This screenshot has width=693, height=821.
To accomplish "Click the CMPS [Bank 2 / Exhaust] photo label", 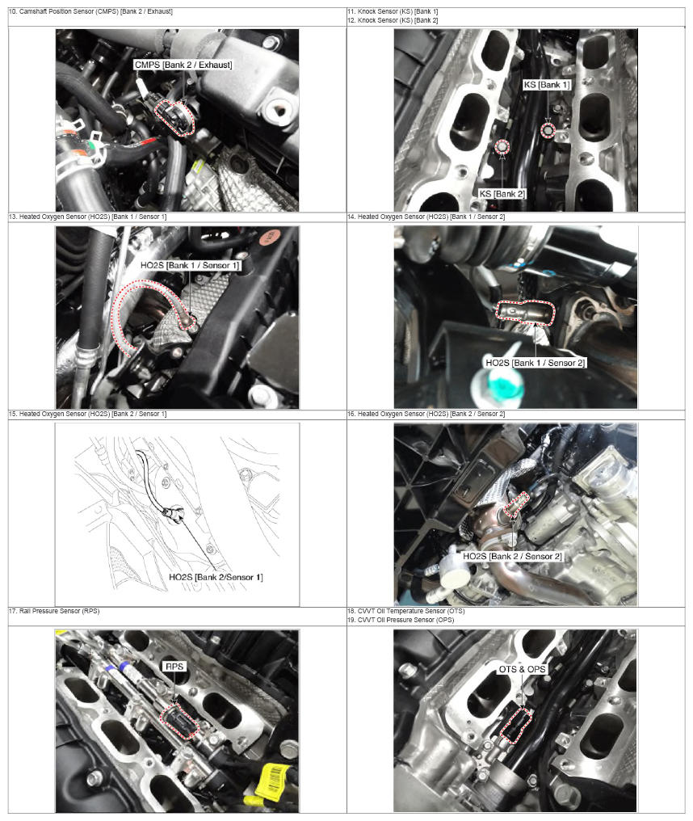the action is point(183,65).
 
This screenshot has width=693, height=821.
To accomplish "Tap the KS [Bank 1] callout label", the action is point(547,85).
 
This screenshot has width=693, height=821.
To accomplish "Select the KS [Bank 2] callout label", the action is point(502,194).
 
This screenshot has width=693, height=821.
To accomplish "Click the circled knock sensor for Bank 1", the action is point(548,130).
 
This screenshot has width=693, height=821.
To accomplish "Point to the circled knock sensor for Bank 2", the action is point(502,148).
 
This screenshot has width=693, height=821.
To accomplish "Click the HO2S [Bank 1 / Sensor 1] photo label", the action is point(190,266).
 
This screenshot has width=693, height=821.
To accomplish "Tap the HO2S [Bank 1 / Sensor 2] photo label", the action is point(535,362).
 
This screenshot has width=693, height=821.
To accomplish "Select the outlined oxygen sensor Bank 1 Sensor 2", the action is point(525,313).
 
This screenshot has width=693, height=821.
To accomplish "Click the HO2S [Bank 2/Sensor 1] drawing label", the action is point(216,577).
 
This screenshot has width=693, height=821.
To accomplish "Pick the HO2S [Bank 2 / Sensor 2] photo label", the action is point(512,556).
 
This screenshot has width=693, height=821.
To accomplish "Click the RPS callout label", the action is point(174,667).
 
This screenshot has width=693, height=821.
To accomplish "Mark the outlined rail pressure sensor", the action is point(179,721).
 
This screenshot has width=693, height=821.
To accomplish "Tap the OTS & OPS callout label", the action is point(522,669).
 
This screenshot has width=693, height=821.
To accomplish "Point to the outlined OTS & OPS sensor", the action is point(516,725).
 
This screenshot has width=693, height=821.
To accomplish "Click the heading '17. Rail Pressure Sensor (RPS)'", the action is point(54,611).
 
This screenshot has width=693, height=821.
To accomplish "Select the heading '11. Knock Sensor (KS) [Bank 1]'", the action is point(393,11).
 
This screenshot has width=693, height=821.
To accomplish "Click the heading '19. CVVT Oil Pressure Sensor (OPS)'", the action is point(401,620).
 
